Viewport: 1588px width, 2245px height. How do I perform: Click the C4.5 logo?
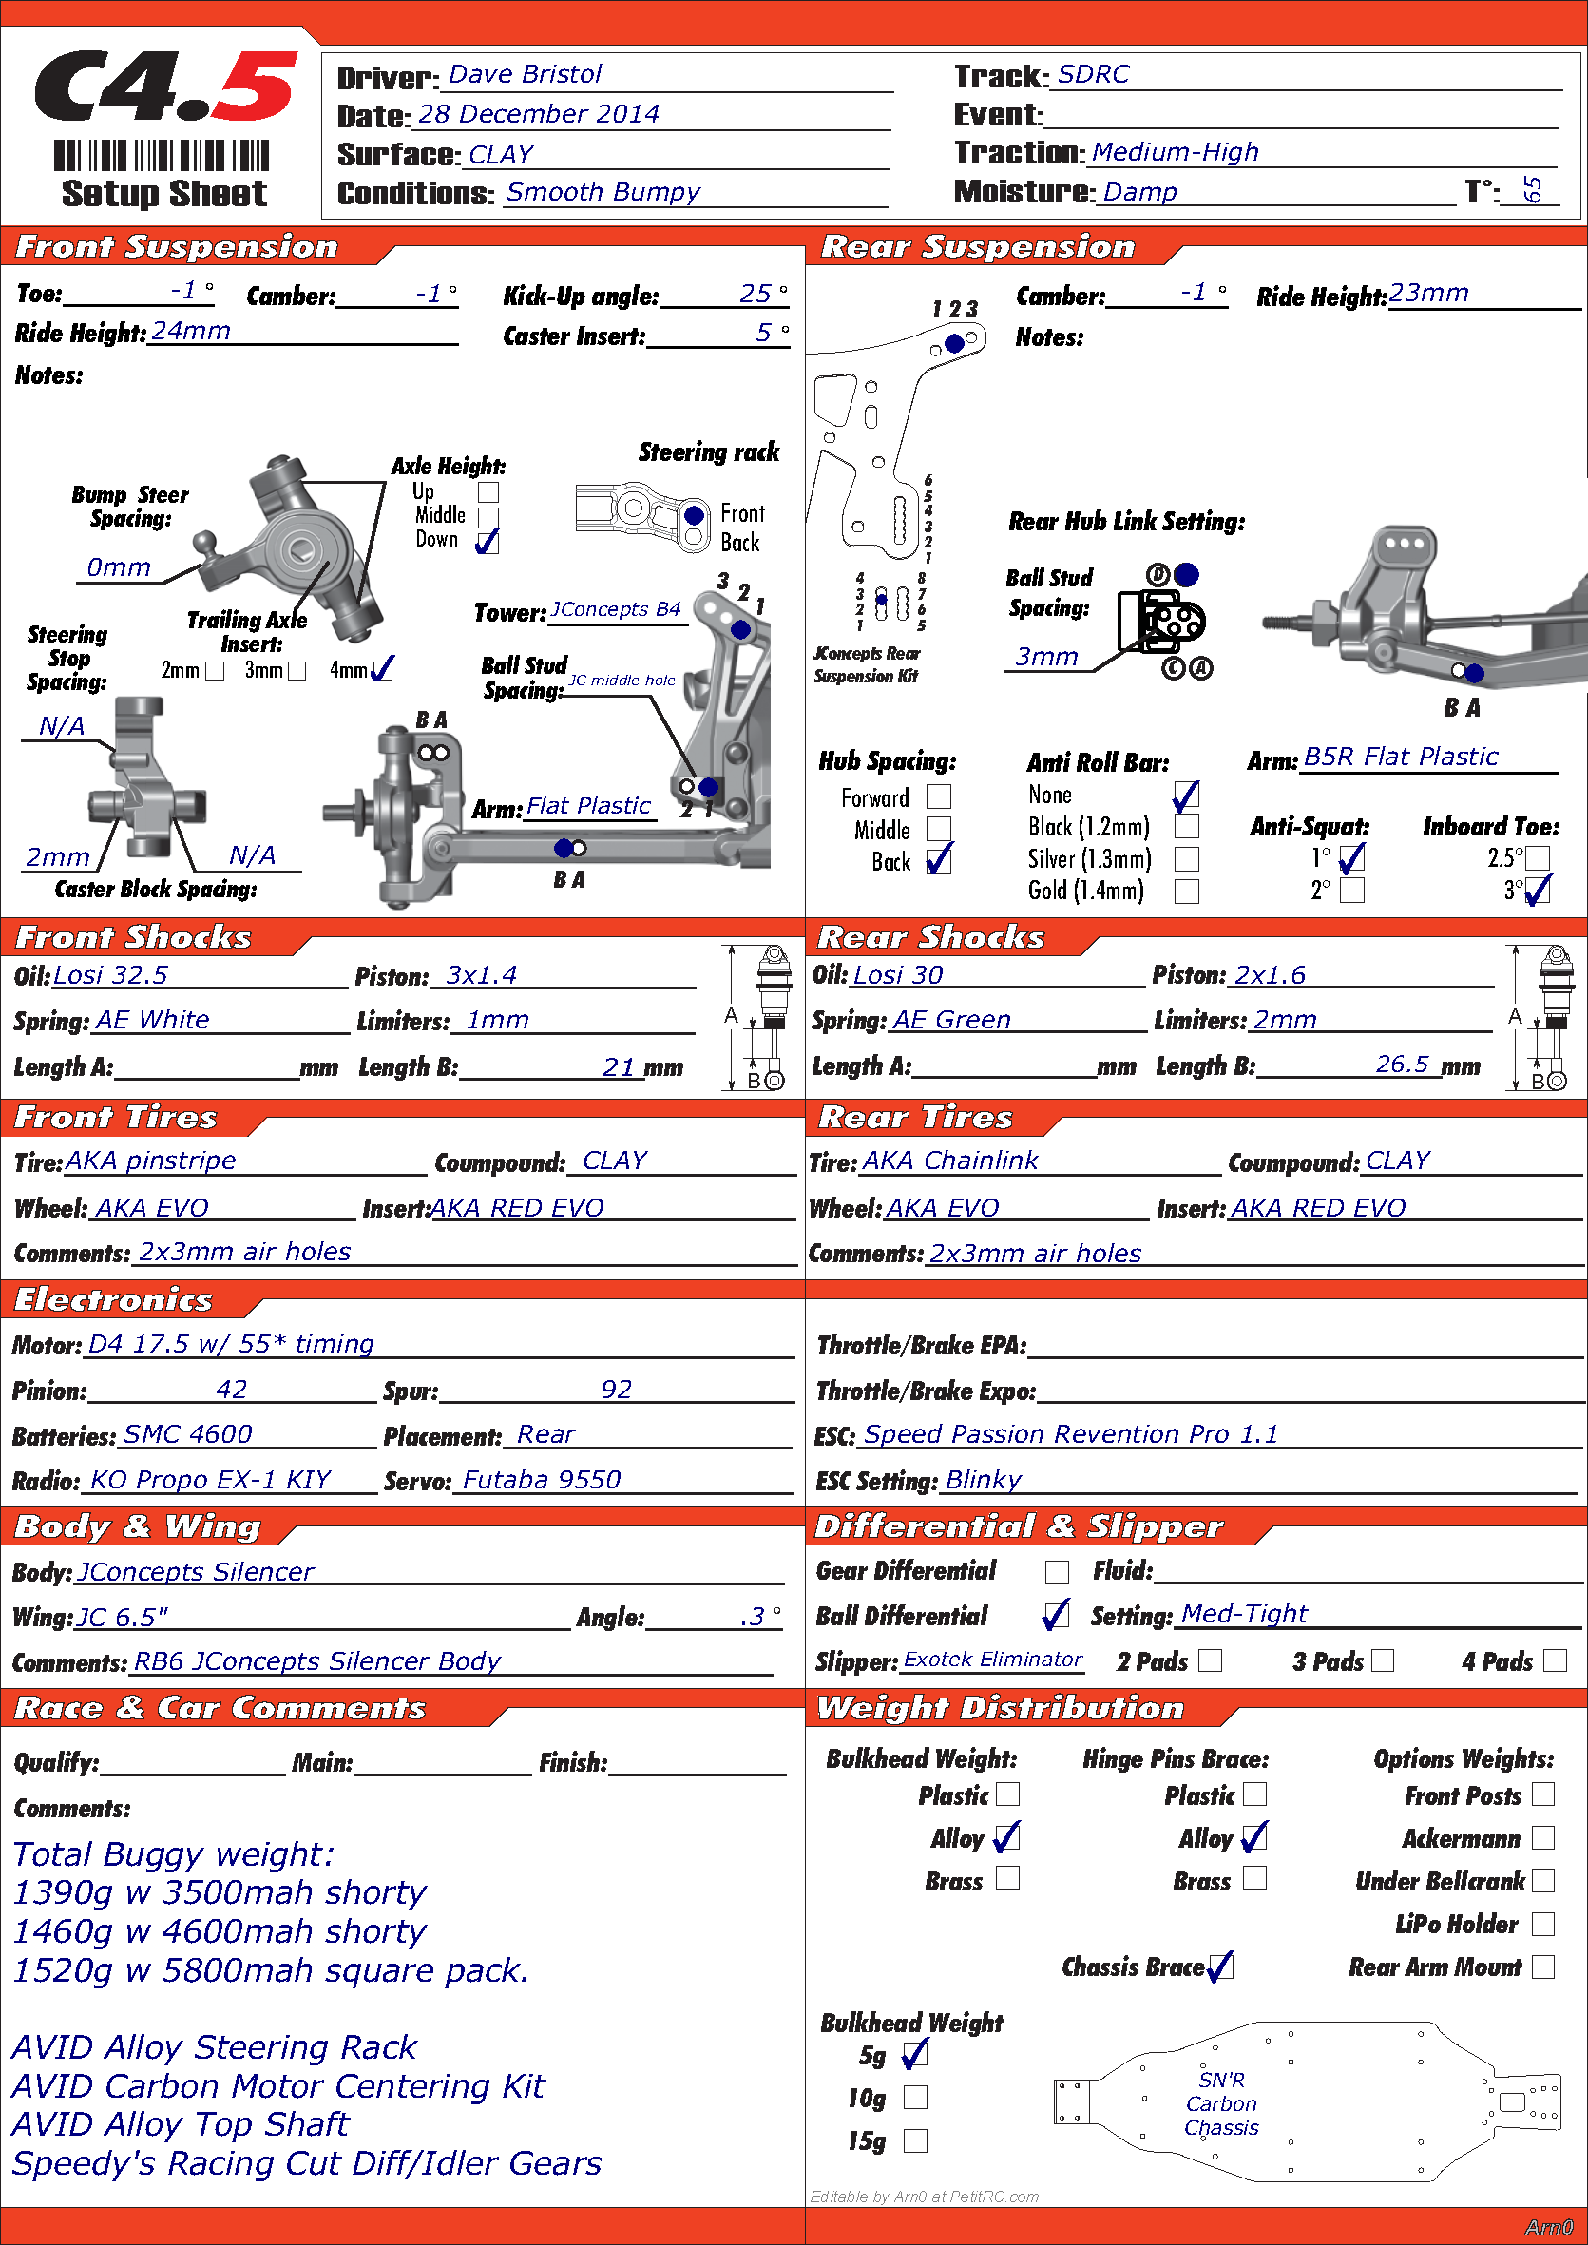[165, 86]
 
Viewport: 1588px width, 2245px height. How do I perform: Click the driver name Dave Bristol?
[525, 74]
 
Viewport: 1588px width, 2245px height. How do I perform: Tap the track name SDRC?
[1093, 74]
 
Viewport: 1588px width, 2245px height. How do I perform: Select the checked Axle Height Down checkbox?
[487, 541]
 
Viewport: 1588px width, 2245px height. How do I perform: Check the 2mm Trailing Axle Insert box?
[215, 671]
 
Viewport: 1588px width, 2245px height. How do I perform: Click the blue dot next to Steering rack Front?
[695, 514]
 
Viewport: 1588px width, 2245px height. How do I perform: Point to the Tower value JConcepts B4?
[615, 609]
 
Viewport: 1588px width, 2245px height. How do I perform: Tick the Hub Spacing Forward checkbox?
[939, 796]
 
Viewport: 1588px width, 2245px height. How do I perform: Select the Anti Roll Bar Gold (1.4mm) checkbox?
[1186, 891]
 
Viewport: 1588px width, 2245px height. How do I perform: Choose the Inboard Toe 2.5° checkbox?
[1537, 858]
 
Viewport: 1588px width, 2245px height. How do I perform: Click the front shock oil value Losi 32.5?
[110, 975]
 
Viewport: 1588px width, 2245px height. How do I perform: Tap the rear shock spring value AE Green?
[950, 1020]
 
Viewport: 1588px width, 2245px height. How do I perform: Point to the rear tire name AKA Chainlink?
[949, 1161]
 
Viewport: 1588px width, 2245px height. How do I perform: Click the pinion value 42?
[232, 1390]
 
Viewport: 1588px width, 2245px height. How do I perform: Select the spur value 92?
[616, 1390]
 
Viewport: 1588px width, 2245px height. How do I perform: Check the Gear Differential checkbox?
[1057, 1571]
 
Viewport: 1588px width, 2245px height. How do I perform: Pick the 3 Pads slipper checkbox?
[1383, 1660]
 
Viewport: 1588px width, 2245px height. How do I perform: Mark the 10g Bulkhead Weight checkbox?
[915, 2098]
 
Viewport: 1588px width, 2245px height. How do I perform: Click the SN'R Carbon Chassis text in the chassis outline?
[1221, 2103]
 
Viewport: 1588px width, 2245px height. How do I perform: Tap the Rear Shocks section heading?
[931, 937]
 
